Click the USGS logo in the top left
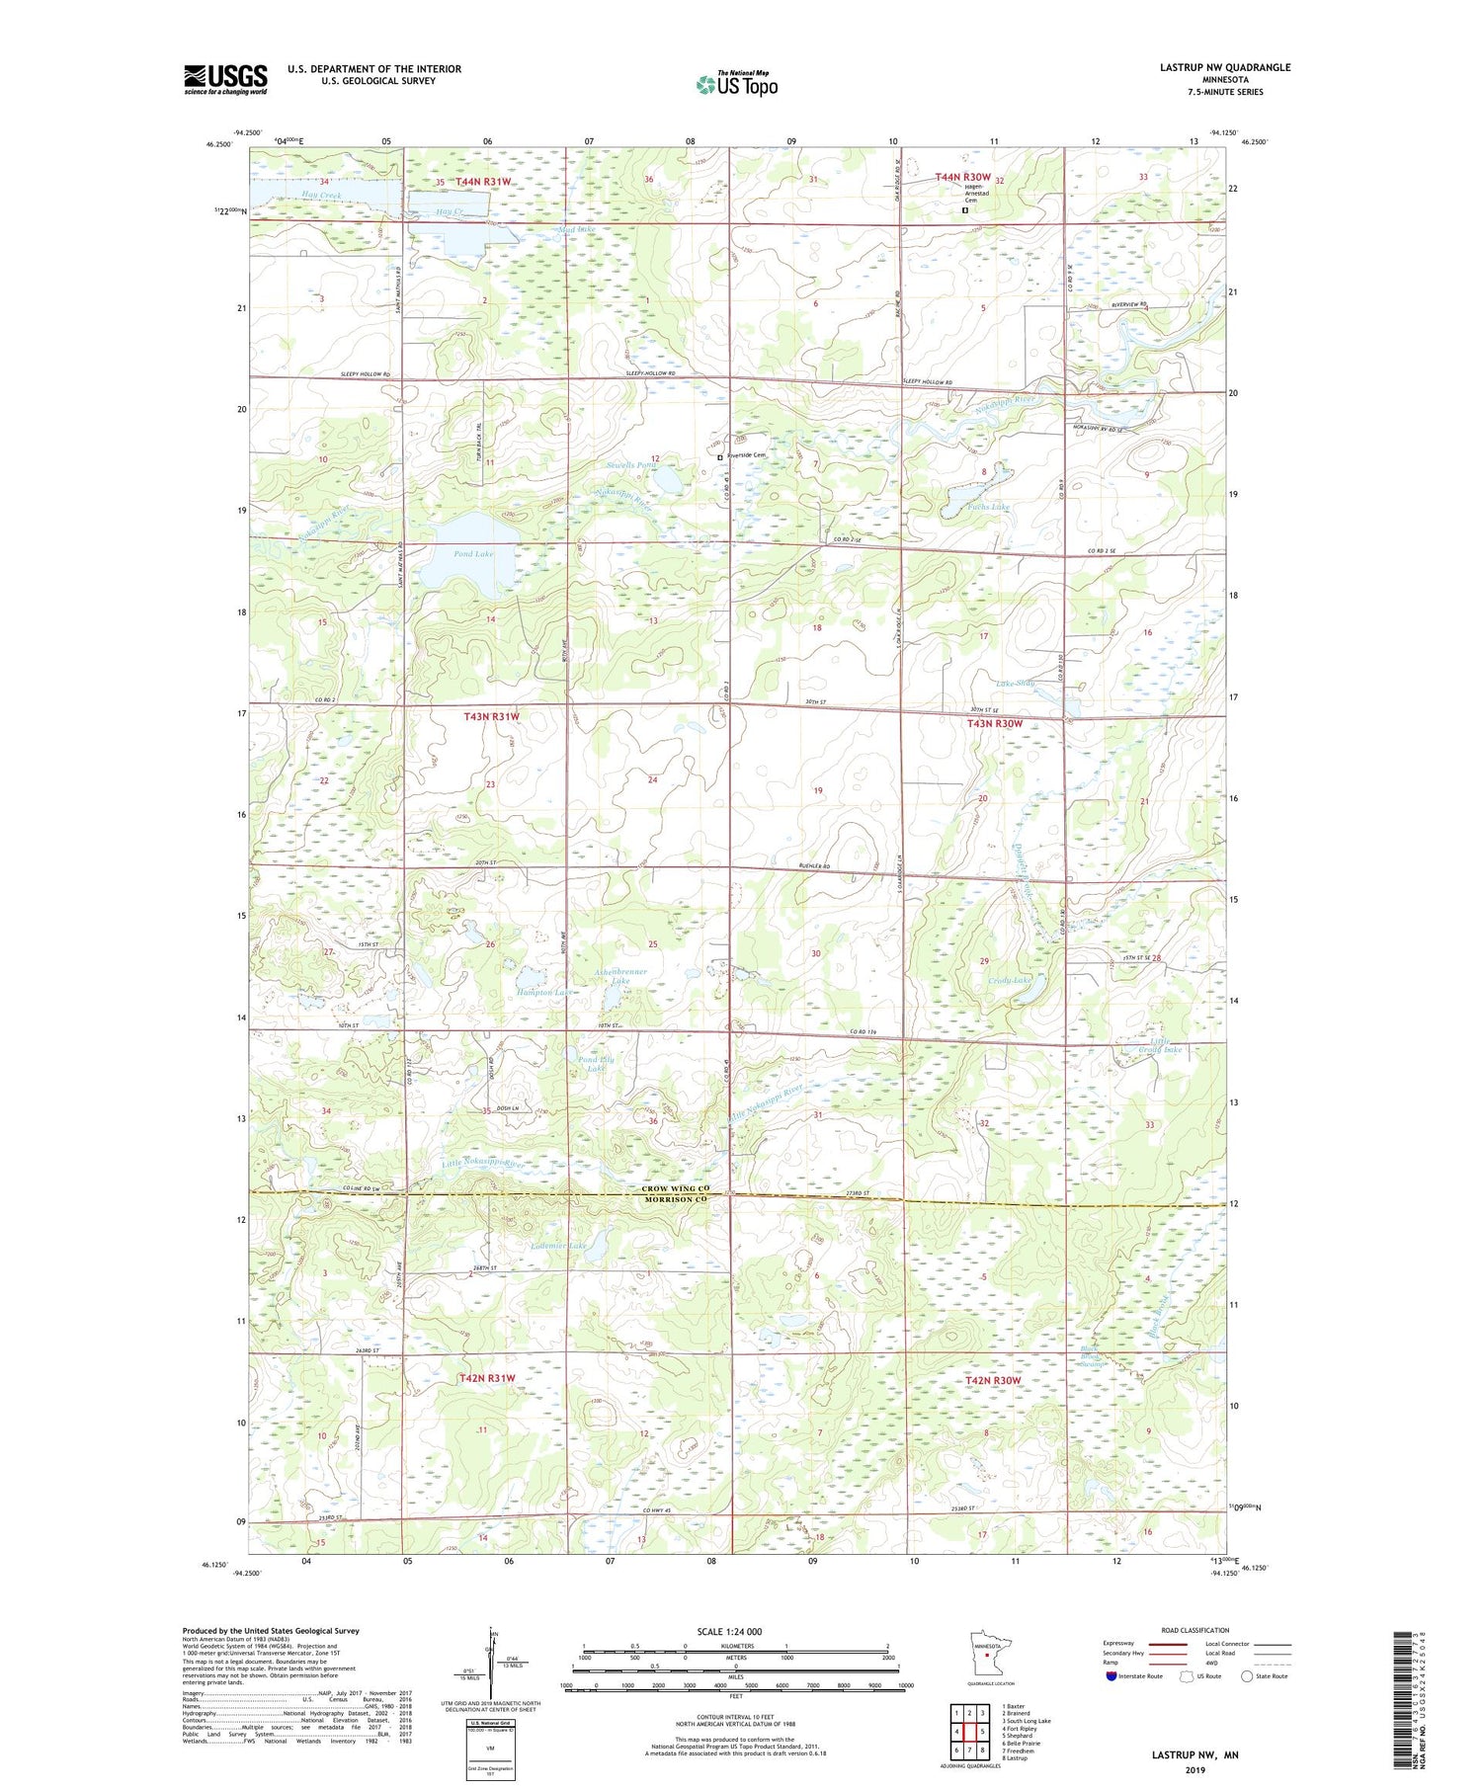tap(225, 79)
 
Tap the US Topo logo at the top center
tap(736, 85)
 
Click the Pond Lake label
tap(473, 554)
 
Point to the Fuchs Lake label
tap(989, 507)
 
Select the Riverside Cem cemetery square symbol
tap(720, 456)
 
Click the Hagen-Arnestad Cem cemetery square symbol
tap(965, 209)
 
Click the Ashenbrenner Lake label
tap(621, 976)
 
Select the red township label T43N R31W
tap(491, 716)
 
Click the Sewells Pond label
tap(631, 464)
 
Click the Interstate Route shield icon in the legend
tap(1111, 1676)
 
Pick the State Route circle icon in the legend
tap(1248, 1676)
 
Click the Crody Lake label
tap(1010, 980)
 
